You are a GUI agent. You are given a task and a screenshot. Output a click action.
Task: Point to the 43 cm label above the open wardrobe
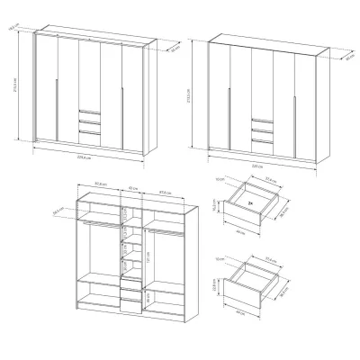[x=132, y=188]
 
